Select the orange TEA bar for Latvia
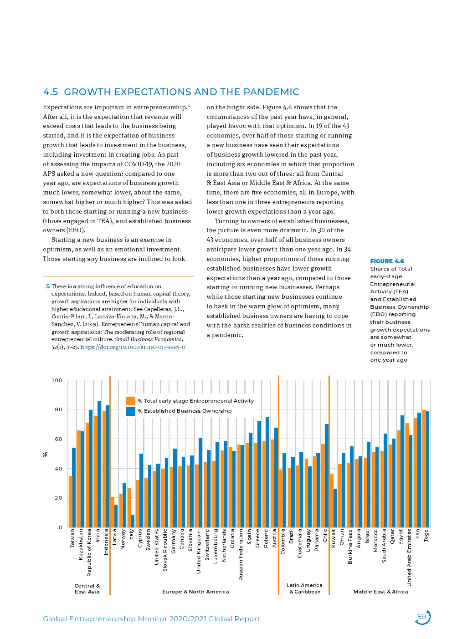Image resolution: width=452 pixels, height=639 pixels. (x=112, y=512)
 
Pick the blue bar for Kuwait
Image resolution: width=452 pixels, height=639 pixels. (x=335, y=508)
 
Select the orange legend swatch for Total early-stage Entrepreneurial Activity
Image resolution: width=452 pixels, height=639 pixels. (x=131, y=401)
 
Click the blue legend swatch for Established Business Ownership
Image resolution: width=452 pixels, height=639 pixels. (x=131, y=411)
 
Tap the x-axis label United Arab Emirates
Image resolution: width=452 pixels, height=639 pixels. (x=409, y=557)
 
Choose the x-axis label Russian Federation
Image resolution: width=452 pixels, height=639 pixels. (x=241, y=554)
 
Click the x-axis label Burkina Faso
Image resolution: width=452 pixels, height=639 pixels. (x=350, y=547)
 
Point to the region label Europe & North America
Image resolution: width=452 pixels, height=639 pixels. (x=195, y=592)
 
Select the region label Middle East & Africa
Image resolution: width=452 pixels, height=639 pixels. (x=380, y=592)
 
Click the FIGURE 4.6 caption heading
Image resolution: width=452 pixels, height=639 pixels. (x=387, y=261)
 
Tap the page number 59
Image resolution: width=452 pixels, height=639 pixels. (x=422, y=617)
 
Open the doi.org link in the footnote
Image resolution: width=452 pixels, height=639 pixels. (x=133, y=347)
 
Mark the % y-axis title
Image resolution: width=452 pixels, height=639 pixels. (x=45, y=455)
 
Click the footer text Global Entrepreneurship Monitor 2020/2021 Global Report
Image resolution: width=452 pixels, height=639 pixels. (x=151, y=619)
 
